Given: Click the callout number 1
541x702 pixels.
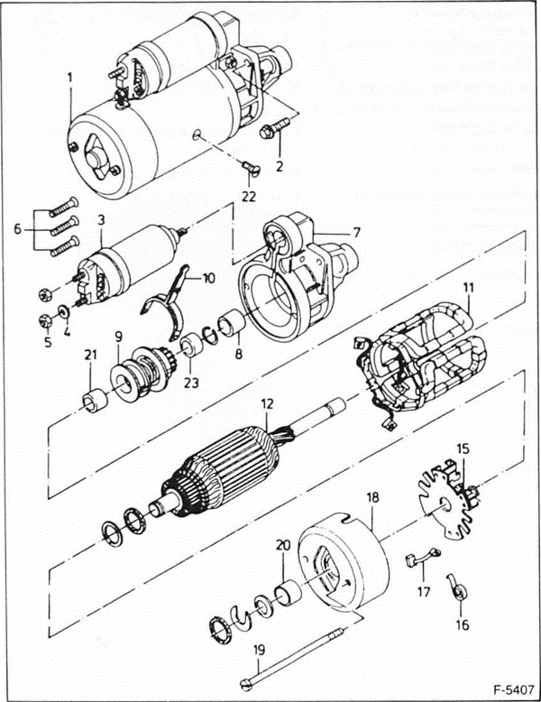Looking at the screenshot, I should click(69, 79).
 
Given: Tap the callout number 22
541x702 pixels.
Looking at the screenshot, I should click(248, 195).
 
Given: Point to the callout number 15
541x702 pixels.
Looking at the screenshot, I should click(463, 448).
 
